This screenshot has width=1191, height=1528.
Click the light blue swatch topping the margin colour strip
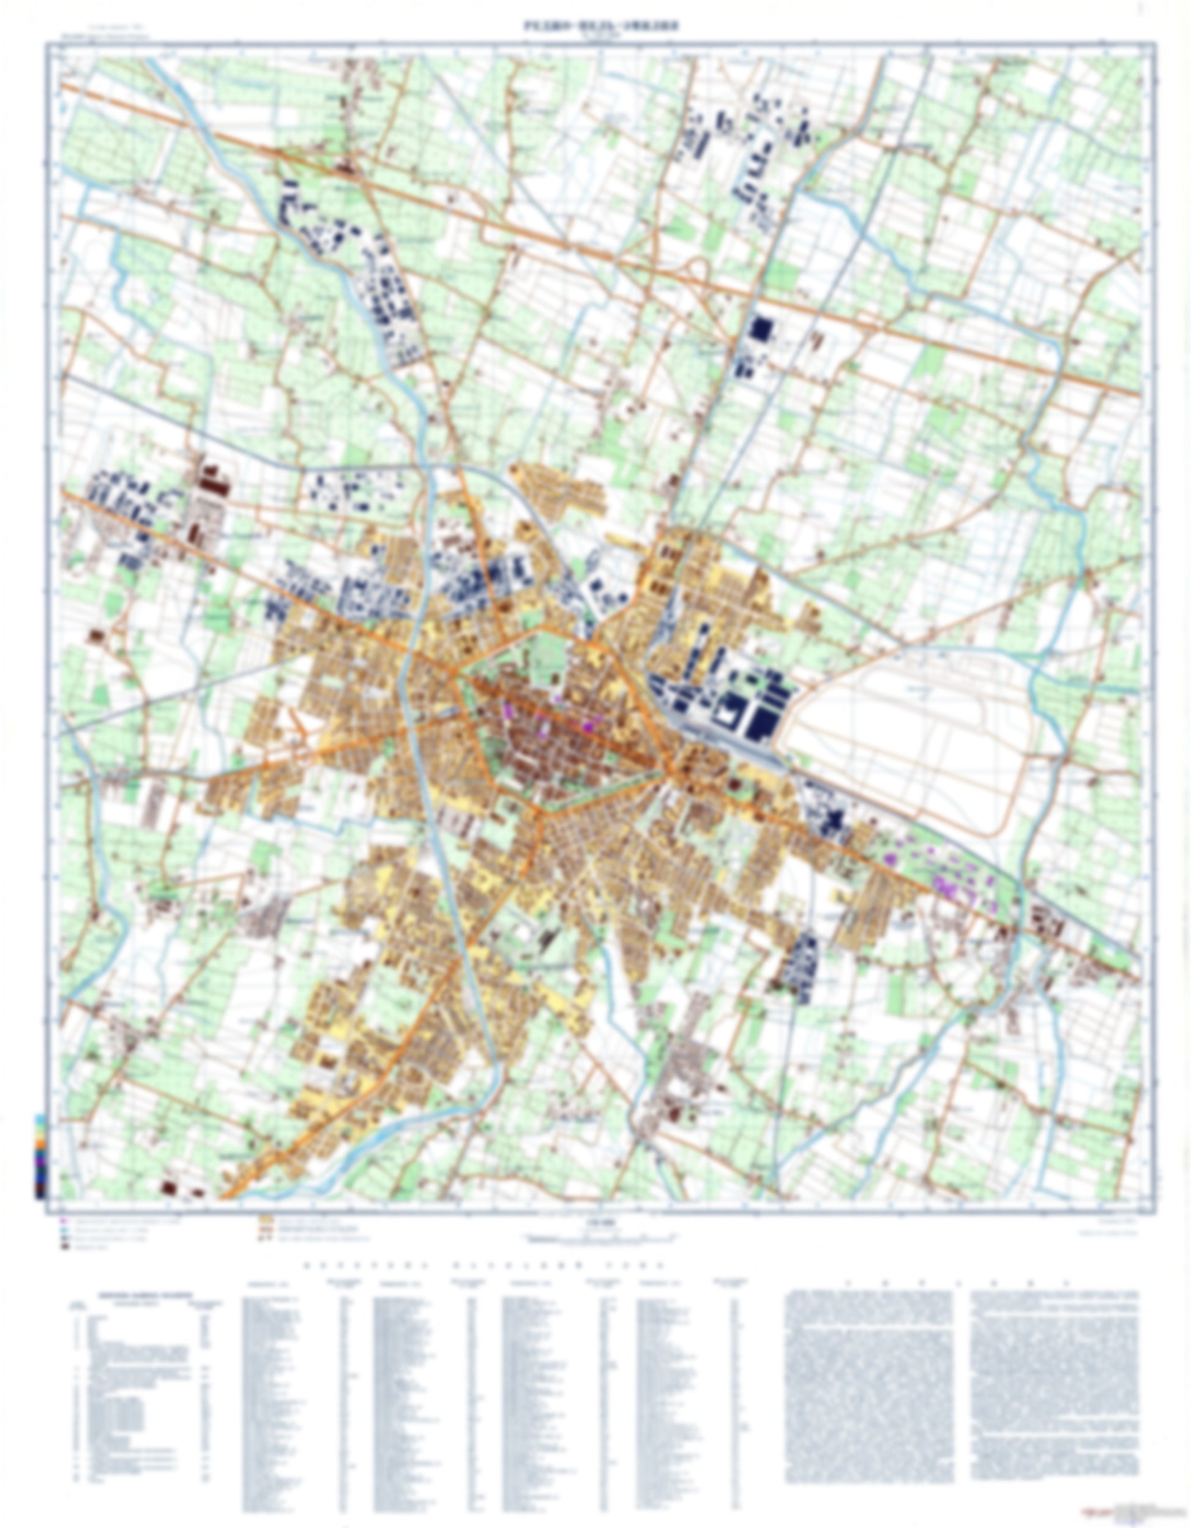40,1120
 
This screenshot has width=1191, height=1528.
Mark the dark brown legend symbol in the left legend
64,1248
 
